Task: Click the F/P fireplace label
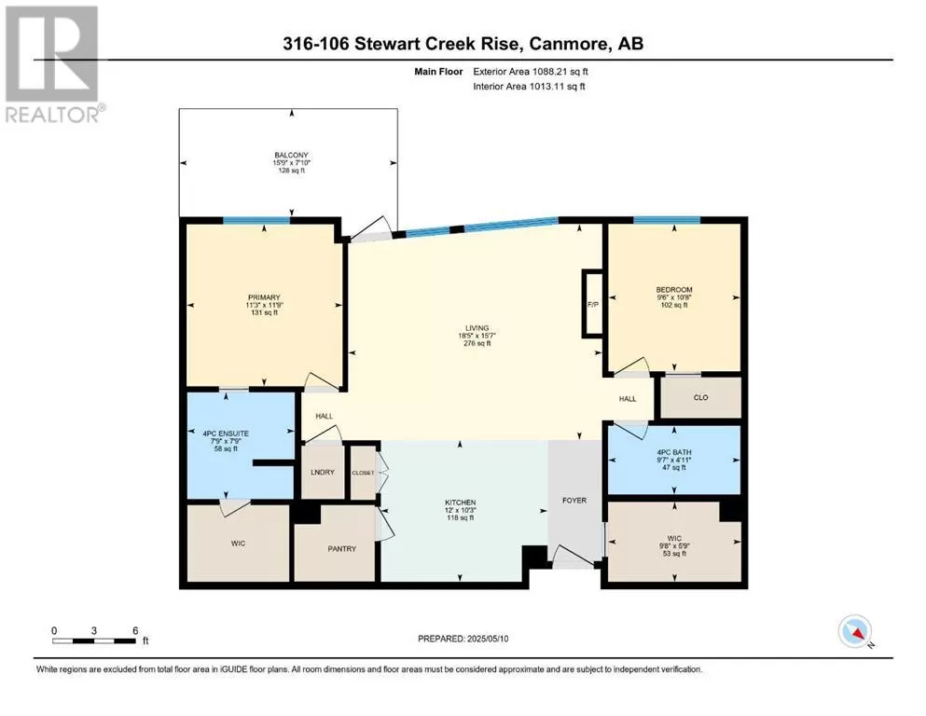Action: [x=593, y=305]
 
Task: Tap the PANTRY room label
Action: [x=342, y=549]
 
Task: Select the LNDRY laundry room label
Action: [x=323, y=473]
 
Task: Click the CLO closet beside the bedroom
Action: [x=701, y=397]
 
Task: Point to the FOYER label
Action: [x=574, y=501]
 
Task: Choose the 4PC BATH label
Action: [x=674, y=452]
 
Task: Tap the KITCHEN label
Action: [x=461, y=503]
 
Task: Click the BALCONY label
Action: [x=291, y=156]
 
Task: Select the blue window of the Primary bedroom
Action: [x=256, y=221]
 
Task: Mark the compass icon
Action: [x=855, y=631]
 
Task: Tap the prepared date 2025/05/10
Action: [x=488, y=639]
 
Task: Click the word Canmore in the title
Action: [x=569, y=44]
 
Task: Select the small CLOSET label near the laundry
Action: [x=363, y=473]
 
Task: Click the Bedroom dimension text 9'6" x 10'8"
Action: [x=674, y=297]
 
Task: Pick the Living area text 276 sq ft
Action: [x=477, y=343]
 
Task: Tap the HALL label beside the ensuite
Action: [x=325, y=416]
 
